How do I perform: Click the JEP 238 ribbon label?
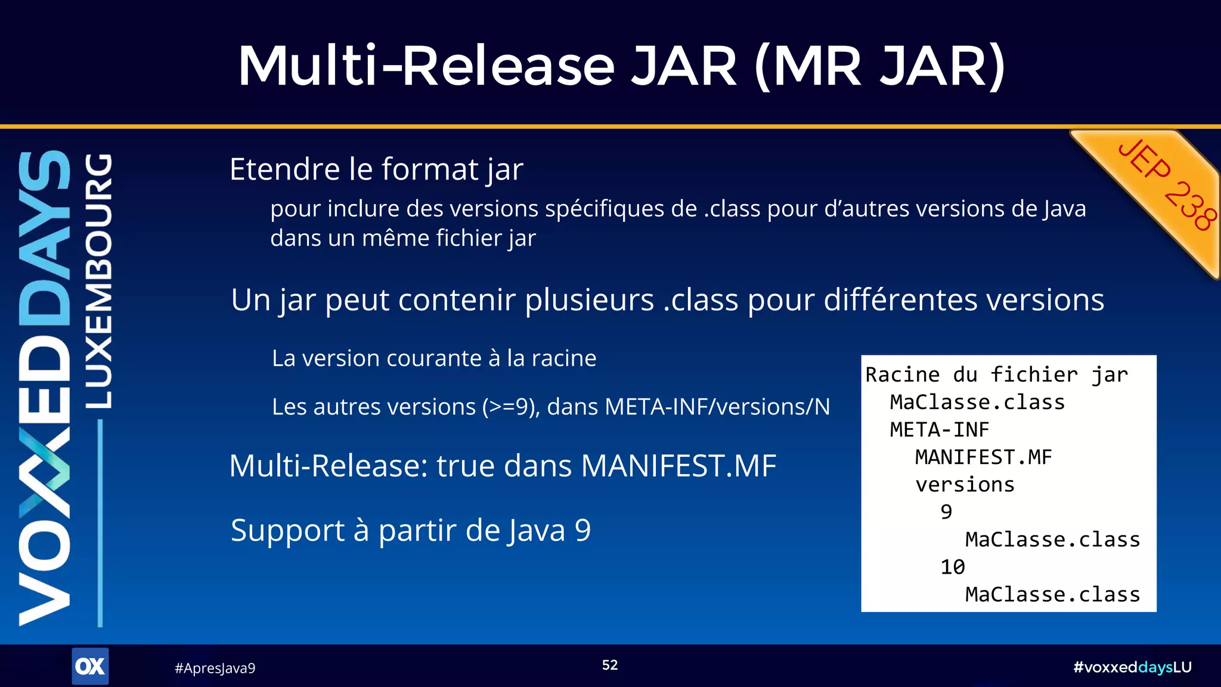(1167, 186)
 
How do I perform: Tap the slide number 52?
(609, 665)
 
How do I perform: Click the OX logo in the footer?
(90, 666)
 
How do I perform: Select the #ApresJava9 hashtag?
(215, 668)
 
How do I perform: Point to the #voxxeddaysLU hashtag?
(1132, 667)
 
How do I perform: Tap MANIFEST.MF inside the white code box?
(983, 457)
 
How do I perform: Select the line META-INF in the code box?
(939, 430)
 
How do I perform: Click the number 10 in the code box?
(952, 567)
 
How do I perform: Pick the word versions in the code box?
(965, 485)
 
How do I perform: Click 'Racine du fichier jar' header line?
(996, 375)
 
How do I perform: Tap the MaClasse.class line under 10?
(1052, 595)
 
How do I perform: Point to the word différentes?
(901, 300)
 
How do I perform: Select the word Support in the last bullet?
(287, 530)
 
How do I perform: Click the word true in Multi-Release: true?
(465, 466)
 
